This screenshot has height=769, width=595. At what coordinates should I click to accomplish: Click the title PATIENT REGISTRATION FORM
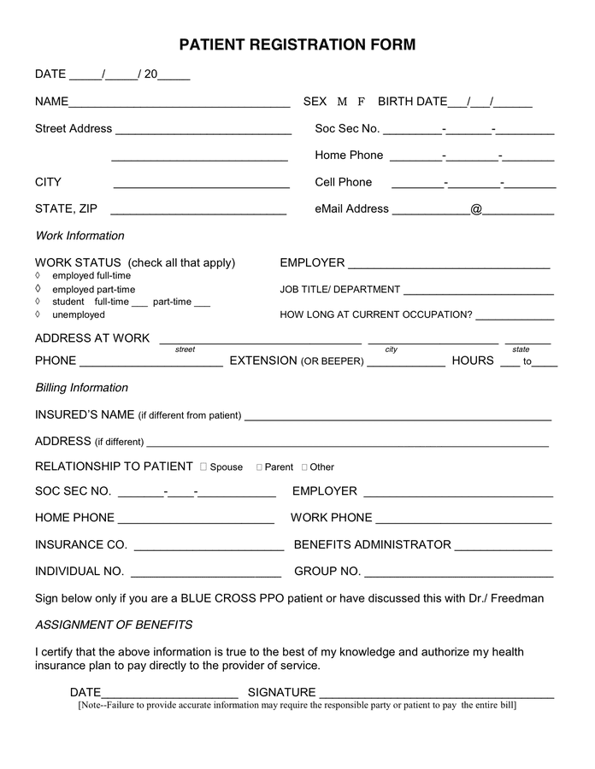tap(297, 44)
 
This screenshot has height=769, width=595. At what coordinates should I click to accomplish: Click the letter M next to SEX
tap(342, 102)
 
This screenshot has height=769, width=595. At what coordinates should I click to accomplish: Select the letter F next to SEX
tap(362, 102)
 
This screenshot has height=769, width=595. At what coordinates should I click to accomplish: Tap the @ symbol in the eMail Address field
tap(476, 208)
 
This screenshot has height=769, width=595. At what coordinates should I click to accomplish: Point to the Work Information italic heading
tap(80, 236)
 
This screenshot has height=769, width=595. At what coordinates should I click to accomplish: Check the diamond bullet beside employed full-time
tap(38, 276)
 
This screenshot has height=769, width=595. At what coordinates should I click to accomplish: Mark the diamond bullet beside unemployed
tap(38, 314)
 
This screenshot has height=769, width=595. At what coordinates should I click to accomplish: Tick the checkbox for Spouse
tap(203, 467)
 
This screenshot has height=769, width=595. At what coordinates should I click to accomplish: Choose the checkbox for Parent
tap(259, 467)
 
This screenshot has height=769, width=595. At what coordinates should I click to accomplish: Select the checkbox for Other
tap(304, 467)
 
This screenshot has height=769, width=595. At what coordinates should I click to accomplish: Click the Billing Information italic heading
tap(81, 388)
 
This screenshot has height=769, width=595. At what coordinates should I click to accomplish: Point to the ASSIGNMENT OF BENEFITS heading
tap(114, 625)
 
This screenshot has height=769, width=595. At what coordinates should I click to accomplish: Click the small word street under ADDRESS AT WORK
tap(185, 349)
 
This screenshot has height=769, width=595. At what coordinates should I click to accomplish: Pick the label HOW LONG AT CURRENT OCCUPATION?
tap(376, 314)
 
